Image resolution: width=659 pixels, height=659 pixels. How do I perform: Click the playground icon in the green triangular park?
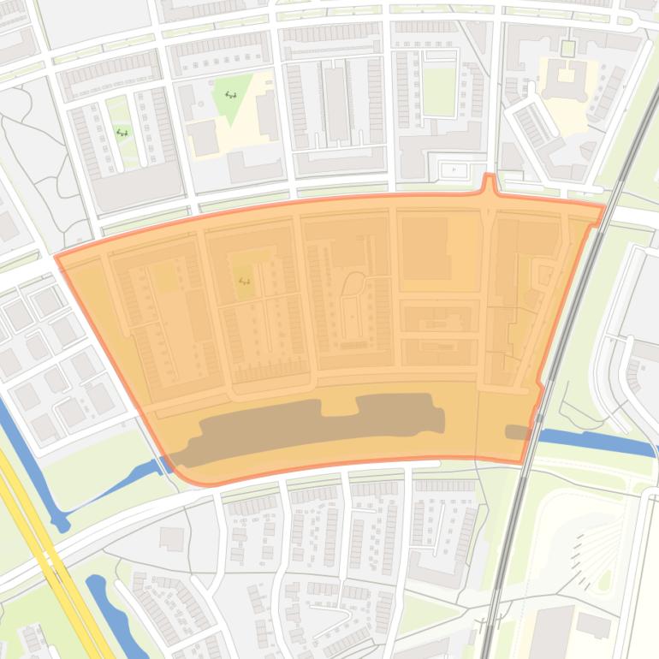point(230,95)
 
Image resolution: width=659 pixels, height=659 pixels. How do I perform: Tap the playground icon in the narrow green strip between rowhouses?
point(122,133)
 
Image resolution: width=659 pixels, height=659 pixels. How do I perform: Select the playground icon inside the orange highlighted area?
point(245,281)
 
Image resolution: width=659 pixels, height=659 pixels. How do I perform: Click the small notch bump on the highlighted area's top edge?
point(489,182)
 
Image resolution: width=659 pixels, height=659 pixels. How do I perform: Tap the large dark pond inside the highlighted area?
point(317,426)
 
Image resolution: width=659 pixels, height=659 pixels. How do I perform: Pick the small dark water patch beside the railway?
point(518,432)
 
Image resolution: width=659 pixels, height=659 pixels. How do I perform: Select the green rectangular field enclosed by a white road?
point(439,91)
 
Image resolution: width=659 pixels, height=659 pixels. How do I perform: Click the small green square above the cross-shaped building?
point(567,47)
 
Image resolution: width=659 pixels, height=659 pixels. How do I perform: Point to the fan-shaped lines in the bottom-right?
point(599,548)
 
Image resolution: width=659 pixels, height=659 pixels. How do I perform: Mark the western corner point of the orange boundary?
point(56,257)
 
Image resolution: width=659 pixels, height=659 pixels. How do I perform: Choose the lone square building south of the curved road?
point(172,538)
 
